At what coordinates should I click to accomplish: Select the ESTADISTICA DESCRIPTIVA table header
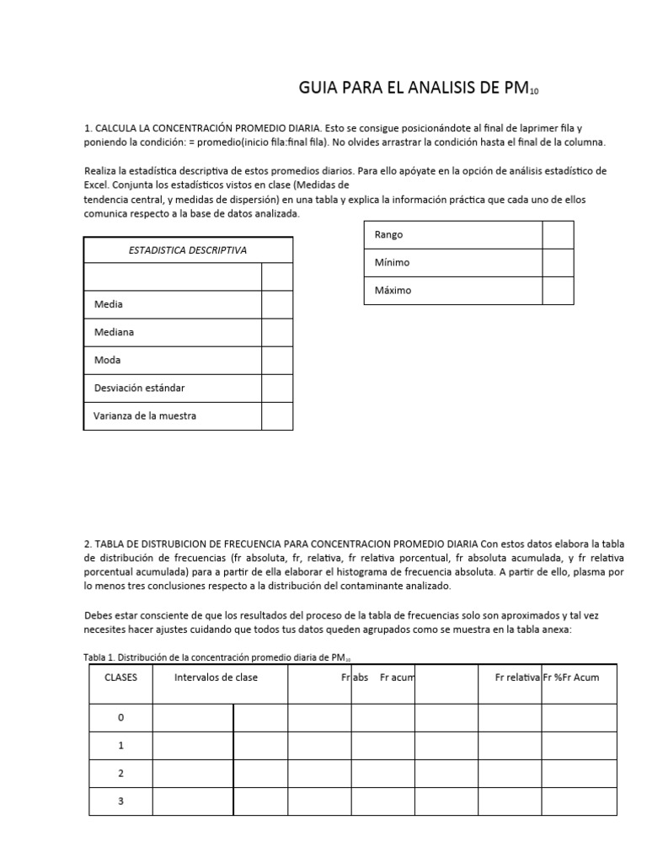[x=187, y=250]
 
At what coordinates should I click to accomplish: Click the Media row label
[x=109, y=304]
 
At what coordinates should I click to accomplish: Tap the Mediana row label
[x=114, y=332]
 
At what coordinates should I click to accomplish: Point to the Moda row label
[x=108, y=360]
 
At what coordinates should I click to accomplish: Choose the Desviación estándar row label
[x=139, y=388]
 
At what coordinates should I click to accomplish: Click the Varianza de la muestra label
[x=145, y=415]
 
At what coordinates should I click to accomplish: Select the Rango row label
[x=388, y=234]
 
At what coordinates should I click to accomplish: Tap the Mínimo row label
[x=392, y=262]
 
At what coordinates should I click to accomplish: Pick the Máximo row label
[x=393, y=290]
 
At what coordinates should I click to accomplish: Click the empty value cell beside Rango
[x=557, y=234]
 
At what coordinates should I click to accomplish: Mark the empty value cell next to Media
[x=276, y=304]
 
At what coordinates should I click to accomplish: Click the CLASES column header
[x=120, y=678]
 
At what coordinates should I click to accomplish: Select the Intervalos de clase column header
[x=216, y=678]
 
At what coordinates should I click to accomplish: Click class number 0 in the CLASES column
[x=120, y=718]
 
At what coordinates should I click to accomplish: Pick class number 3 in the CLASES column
[x=120, y=801]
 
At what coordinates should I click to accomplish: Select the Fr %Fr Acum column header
[x=571, y=678]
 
